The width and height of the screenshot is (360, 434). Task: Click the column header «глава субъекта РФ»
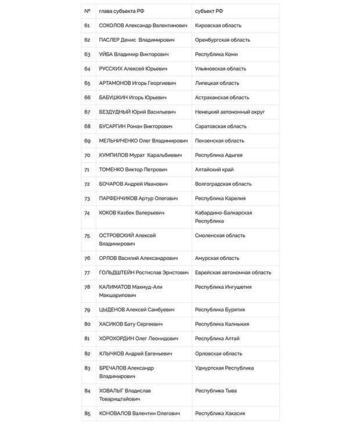point(121,11)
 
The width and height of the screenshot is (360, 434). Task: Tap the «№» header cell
point(87,11)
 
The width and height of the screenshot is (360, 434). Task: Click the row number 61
point(87,26)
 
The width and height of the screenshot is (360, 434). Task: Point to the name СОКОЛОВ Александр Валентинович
point(143,26)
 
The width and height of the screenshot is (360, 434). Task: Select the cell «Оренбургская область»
point(222,40)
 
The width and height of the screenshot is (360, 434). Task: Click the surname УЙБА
point(106,55)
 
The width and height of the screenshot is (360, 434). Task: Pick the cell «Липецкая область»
point(217,83)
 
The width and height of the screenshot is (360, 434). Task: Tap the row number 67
point(87,112)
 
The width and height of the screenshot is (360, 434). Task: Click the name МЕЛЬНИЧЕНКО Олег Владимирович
point(143,141)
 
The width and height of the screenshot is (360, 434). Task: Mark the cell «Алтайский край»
point(214,170)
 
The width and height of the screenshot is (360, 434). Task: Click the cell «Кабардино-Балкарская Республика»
point(223,217)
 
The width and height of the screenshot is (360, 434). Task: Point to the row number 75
point(87,236)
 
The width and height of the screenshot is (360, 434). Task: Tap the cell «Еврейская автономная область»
point(233,272)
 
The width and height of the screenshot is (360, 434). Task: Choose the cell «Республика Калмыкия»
point(222,324)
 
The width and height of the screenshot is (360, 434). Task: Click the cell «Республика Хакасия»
point(219,413)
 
